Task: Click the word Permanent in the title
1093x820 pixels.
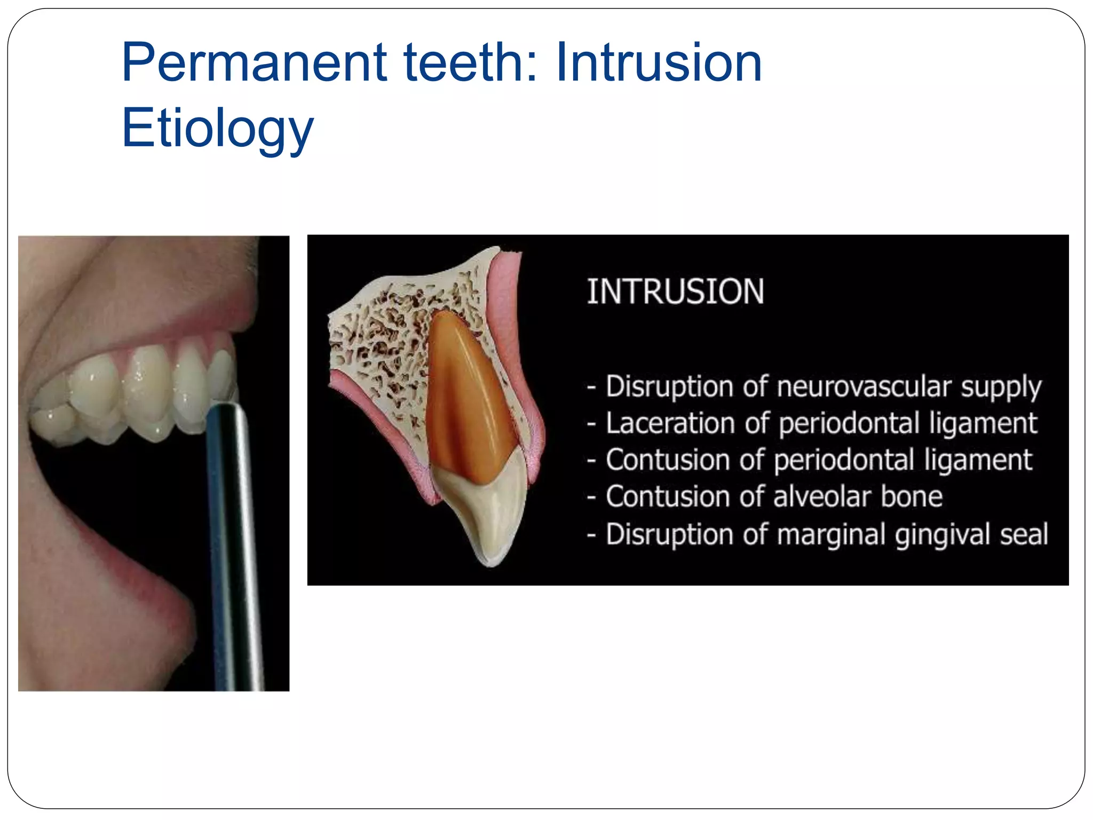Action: [x=254, y=63]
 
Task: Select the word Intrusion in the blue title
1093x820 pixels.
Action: [x=659, y=63]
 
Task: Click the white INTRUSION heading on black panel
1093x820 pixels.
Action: [x=675, y=292]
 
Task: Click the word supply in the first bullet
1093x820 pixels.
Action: [x=1001, y=388]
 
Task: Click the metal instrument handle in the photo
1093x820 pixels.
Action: [x=235, y=534]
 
